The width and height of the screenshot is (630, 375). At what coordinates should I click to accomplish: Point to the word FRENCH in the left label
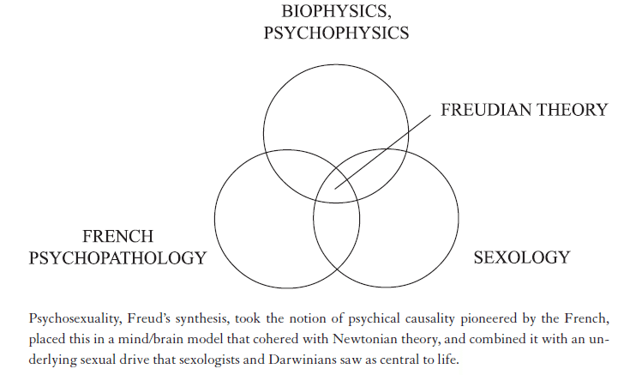coord(117,236)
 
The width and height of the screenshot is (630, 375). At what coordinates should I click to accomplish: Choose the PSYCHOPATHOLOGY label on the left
coord(117,257)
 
